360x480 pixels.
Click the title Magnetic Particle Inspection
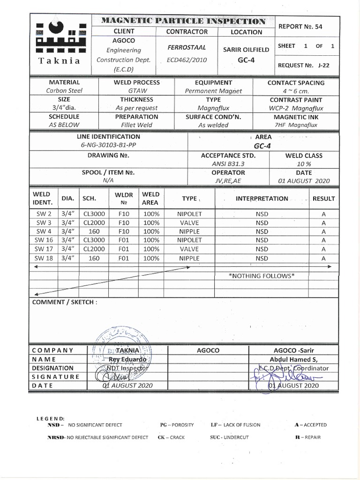click(183, 21)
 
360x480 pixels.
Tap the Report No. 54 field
click(300, 27)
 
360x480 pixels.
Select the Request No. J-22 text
click(303, 66)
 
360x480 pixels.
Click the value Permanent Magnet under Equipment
click(213, 91)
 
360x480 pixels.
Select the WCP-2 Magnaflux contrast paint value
click(295, 108)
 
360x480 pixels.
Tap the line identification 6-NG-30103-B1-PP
click(108, 145)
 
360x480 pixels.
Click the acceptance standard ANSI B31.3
click(228, 164)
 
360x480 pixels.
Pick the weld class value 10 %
click(303, 164)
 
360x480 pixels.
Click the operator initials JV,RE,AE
click(228, 181)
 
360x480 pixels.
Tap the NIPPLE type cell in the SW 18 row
click(189, 258)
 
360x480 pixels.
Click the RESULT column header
click(323, 199)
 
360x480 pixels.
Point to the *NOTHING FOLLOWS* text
click(261, 276)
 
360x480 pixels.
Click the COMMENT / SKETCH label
click(65, 302)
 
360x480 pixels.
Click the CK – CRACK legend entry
click(172, 437)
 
